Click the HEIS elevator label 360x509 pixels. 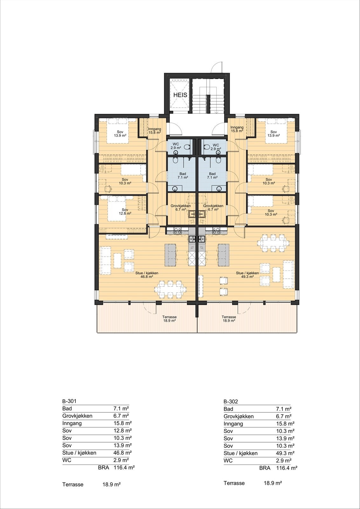pos(180,95)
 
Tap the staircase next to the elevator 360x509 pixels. pos(208,99)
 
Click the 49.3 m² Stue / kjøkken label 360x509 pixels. pos(247,275)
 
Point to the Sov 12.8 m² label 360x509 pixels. pos(125,212)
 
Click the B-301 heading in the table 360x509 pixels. pos(69,401)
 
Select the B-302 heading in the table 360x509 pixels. pos(231,401)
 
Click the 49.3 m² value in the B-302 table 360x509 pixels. pos(285,453)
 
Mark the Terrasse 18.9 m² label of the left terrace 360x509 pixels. pos(169,319)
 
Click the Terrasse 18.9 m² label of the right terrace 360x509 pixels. pos(229,319)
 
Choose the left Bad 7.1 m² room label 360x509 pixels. pos(183,176)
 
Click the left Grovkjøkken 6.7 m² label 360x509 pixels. pos(180,207)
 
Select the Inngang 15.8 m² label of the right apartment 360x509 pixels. pos(237,129)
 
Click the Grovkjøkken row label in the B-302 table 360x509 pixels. pos(239,416)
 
